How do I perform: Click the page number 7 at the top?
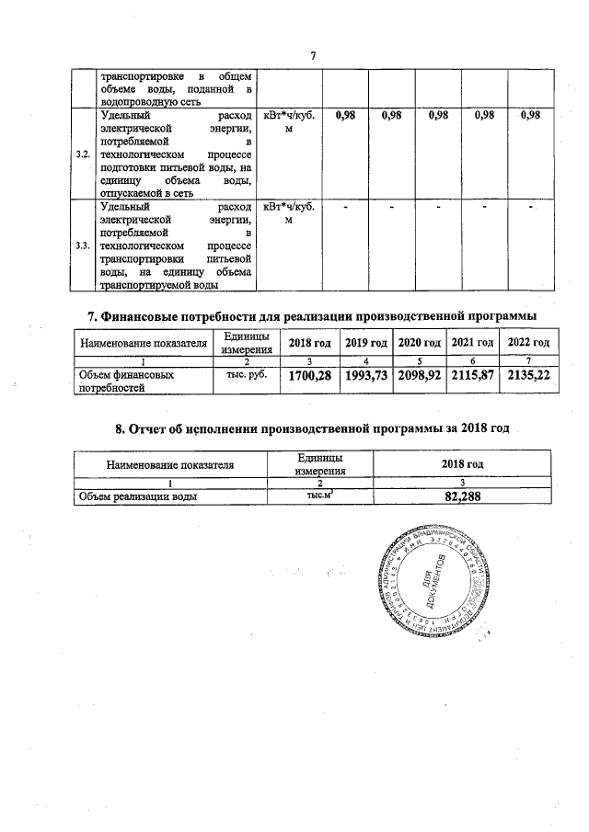pos(313,56)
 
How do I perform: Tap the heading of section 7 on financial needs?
pos(311,316)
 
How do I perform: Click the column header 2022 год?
pos(528,342)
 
